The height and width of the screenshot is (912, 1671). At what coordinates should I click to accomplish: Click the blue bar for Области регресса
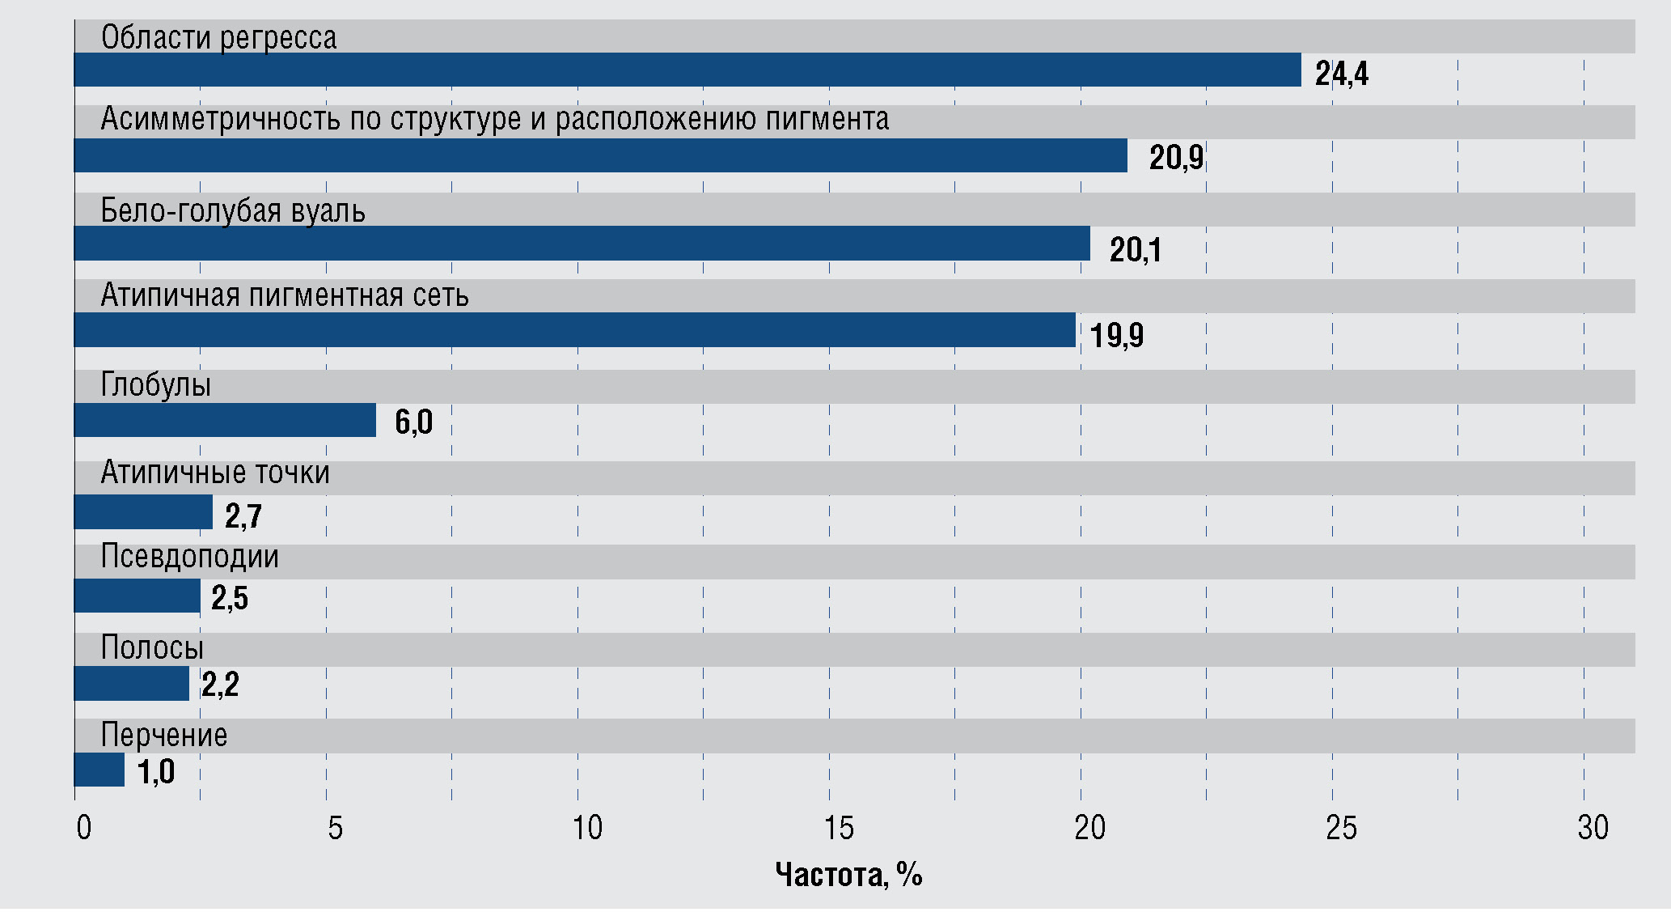click(687, 70)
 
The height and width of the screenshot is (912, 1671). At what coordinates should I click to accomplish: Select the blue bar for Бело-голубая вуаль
click(582, 244)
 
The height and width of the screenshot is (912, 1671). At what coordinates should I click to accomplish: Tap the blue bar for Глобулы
click(225, 420)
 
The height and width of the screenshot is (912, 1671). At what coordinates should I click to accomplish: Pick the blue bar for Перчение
click(99, 770)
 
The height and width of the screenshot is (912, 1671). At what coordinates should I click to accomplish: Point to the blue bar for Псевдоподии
click(137, 596)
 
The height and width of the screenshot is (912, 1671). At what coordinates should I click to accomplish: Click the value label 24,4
click(1341, 74)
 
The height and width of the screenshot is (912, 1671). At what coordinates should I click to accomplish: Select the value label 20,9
click(1176, 157)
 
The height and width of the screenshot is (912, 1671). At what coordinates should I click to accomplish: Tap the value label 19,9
click(1116, 335)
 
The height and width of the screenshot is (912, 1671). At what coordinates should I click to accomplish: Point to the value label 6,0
click(413, 422)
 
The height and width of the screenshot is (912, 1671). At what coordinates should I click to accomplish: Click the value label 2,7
click(243, 515)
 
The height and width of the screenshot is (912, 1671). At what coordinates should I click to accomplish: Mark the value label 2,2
click(220, 685)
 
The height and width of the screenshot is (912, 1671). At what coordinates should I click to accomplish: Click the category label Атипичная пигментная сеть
click(285, 295)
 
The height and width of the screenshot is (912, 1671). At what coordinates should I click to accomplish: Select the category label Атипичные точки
click(215, 473)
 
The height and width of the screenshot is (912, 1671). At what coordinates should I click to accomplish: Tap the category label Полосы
click(152, 647)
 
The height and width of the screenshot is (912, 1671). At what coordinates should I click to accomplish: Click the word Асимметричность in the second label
click(220, 119)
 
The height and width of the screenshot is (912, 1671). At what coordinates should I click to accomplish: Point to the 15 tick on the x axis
click(838, 828)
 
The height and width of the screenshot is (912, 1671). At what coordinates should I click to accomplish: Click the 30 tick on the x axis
click(1593, 828)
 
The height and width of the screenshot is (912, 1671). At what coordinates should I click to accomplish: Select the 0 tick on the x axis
click(83, 828)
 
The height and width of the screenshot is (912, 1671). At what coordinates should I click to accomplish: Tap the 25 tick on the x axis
click(1341, 828)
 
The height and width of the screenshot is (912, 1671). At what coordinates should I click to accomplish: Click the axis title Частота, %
click(848, 875)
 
